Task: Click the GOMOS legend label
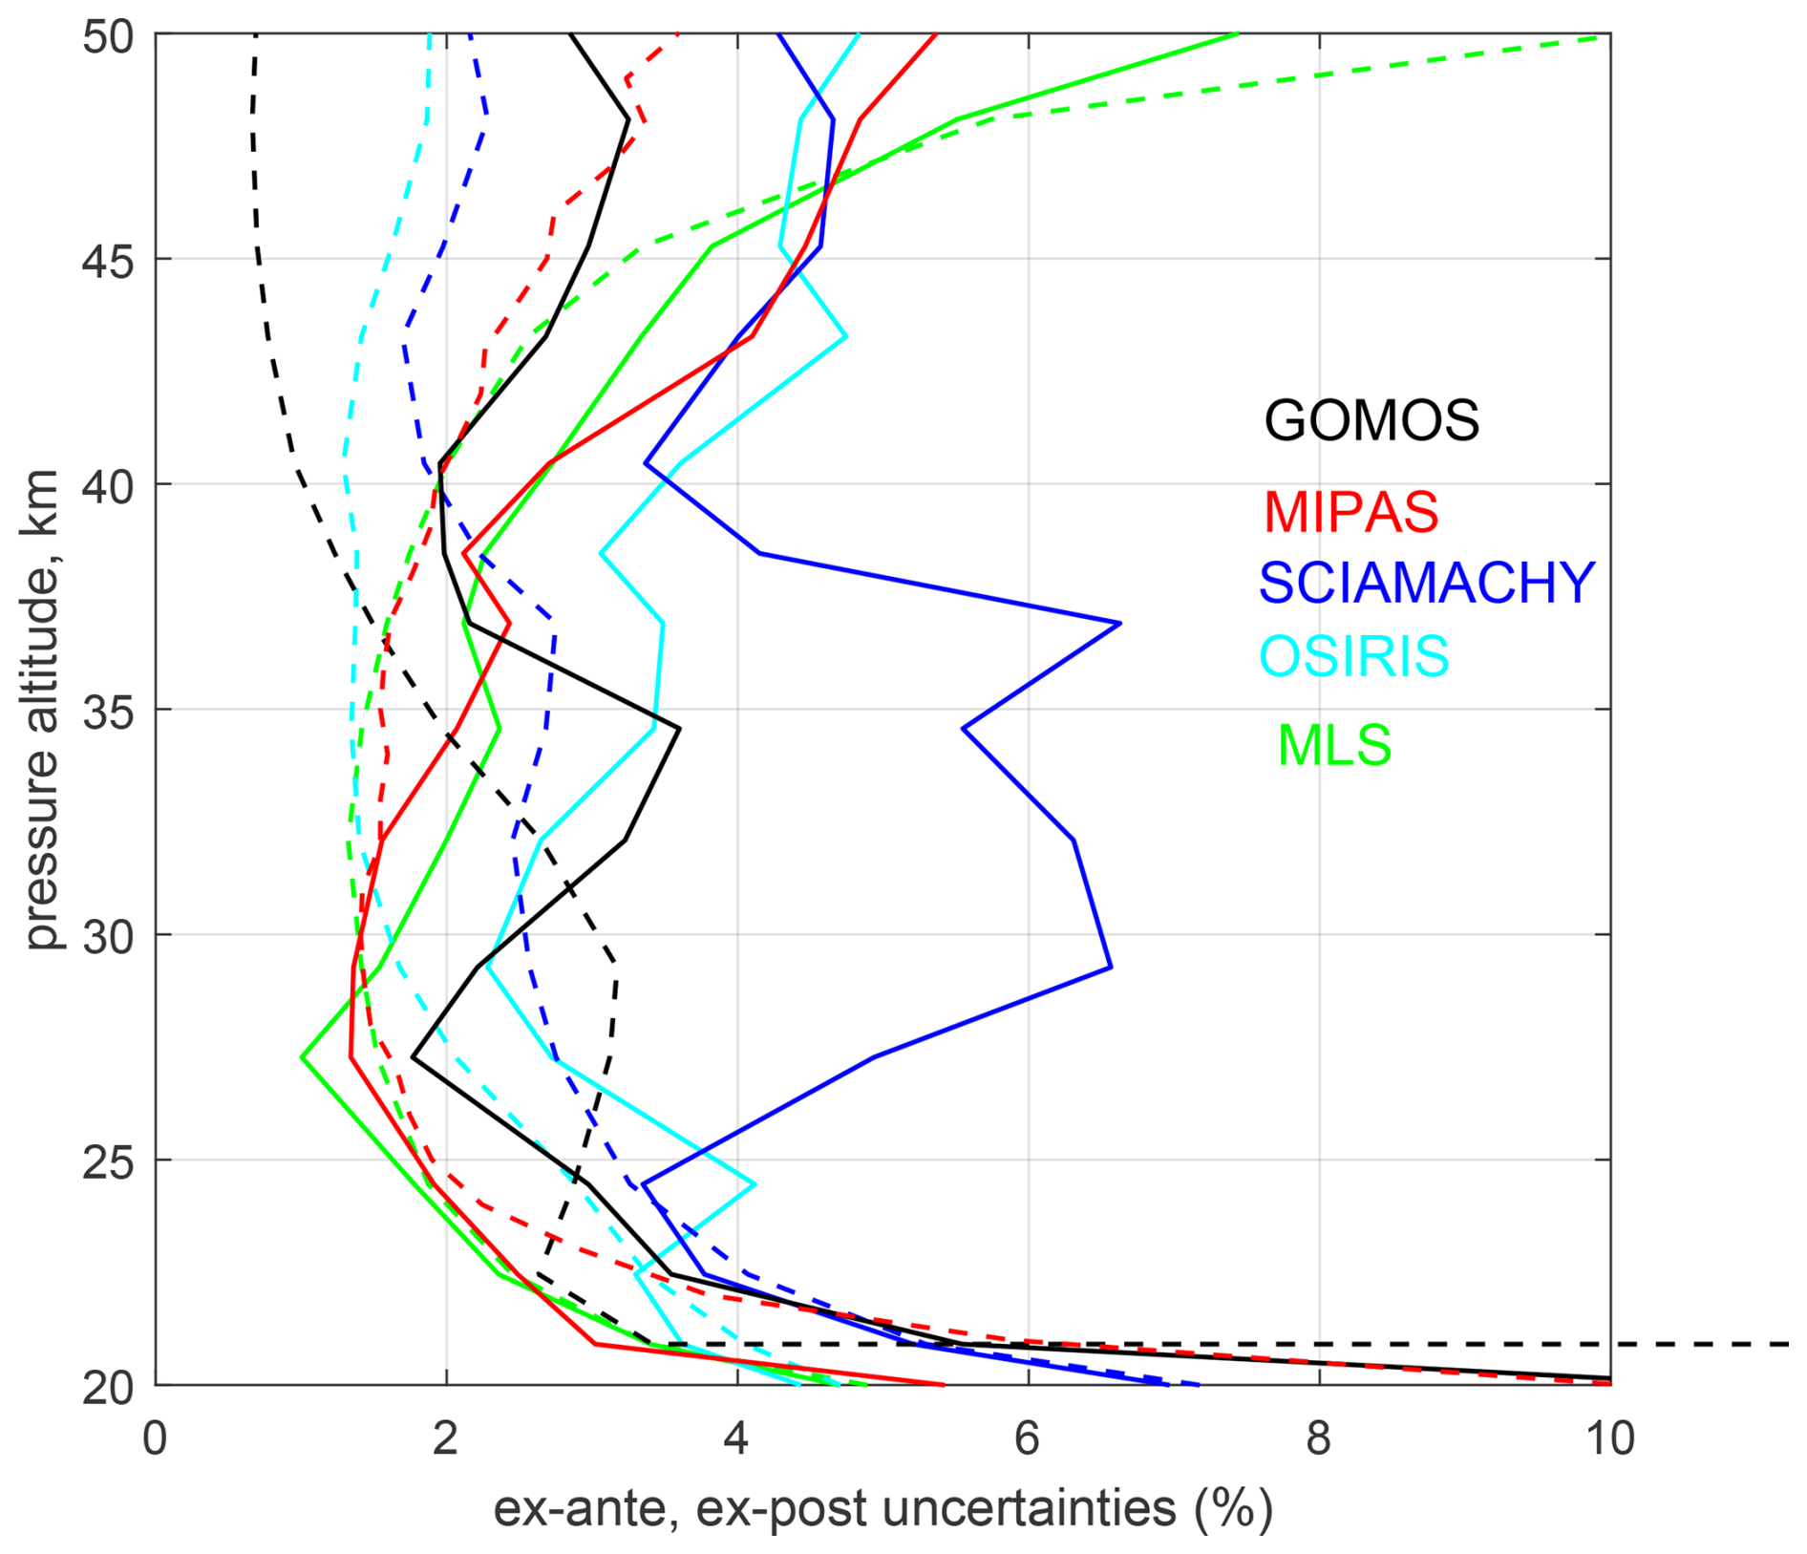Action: (x=1371, y=420)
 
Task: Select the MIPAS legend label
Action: (x=1350, y=512)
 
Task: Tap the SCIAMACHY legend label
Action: (x=1427, y=583)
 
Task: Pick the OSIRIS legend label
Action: (x=1354, y=655)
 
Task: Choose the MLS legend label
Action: (x=1334, y=745)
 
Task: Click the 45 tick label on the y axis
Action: (x=107, y=262)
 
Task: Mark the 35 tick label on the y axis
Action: (x=107, y=713)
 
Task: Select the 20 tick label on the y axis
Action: (x=107, y=1387)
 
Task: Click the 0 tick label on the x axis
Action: (x=155, y=1438)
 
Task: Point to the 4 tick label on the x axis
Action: (x=735, y=1438)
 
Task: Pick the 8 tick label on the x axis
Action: (x=1318, y=1438)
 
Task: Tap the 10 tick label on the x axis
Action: (x=1610, y=1438)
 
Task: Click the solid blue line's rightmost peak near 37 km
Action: (x=1119, y=623)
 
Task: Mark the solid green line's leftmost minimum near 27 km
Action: (x=302, y=1057)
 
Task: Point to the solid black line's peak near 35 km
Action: (x=679, y=729)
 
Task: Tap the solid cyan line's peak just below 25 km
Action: (x=755, y=1184)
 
